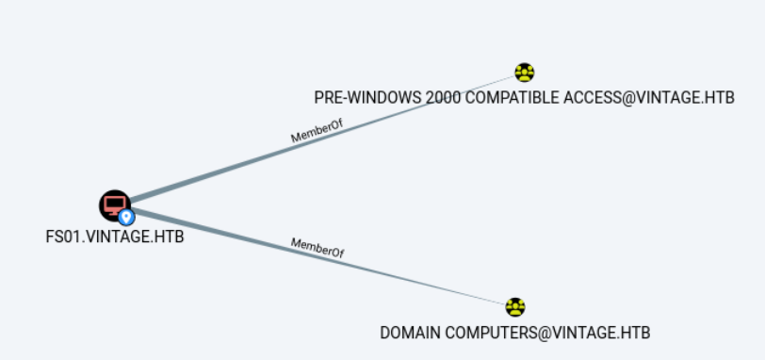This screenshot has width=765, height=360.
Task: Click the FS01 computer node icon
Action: [115, 205]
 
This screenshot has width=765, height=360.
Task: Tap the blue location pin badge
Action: [126, 217]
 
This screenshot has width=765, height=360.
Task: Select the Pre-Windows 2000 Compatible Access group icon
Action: [525, 73]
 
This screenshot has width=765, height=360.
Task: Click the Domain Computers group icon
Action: [515, 307]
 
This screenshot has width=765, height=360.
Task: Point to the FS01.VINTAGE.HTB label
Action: [115, 237]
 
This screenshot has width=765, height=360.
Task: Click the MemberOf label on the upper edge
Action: [317, 131]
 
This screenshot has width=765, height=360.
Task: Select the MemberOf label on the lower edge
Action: [317, 248]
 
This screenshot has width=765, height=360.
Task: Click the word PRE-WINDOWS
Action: [367, 98]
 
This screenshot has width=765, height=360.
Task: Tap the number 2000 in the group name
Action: [443, 98]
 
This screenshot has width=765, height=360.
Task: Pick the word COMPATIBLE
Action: [512, 98]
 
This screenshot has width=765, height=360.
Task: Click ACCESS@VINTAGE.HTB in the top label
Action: [649, 98]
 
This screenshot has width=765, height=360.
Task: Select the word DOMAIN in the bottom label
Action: [411, 334]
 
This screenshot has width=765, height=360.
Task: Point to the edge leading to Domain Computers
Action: [318, 258]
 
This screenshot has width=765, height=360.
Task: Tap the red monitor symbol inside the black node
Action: [114, 205]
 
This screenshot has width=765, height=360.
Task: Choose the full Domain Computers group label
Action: [515, 334]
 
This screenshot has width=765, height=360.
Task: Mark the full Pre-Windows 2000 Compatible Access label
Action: [524, 98]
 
